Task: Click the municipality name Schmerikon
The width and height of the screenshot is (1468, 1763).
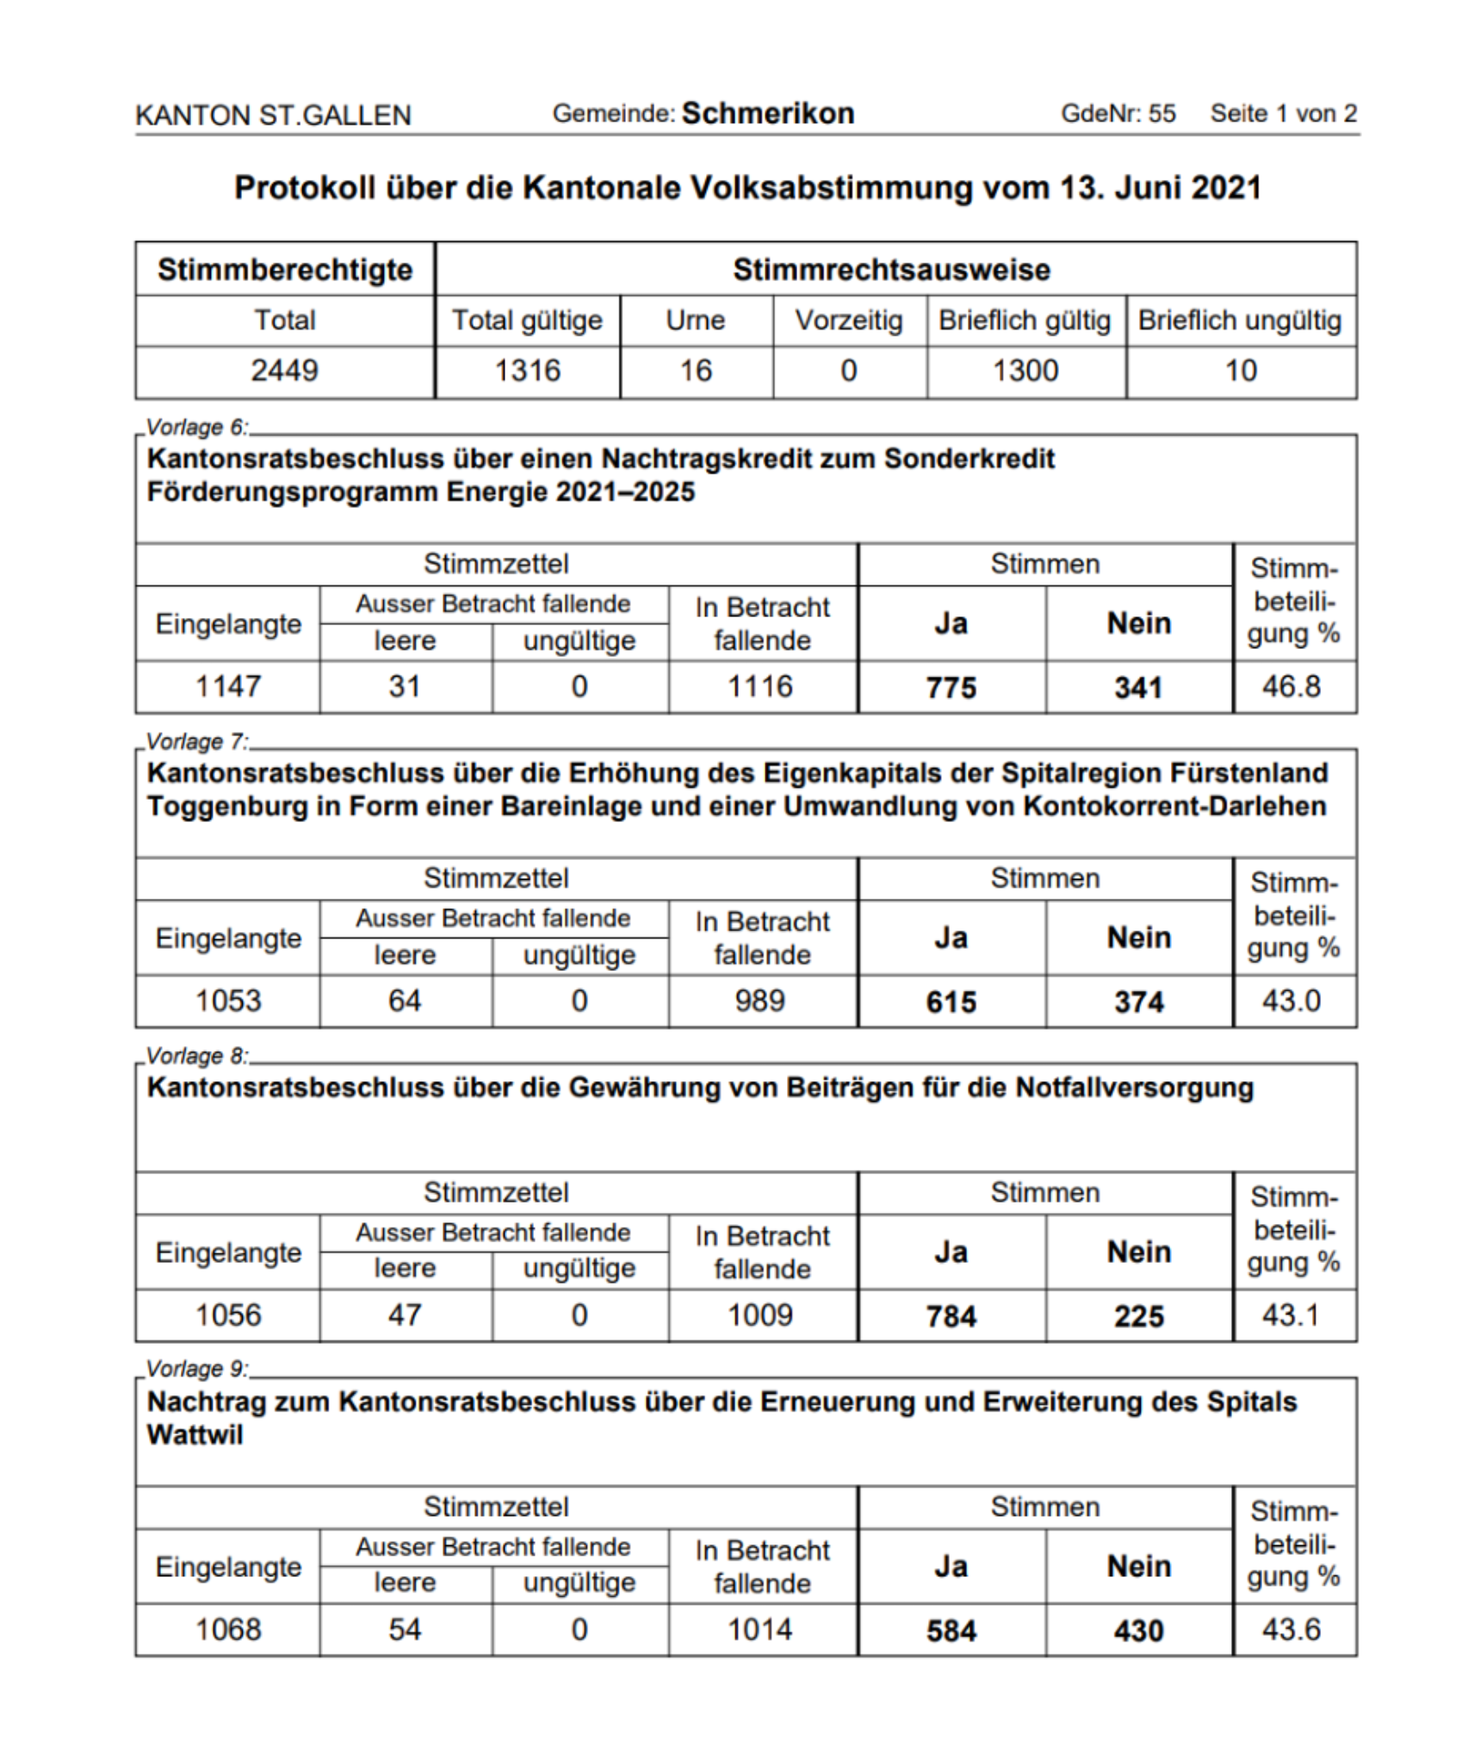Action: [767, 114]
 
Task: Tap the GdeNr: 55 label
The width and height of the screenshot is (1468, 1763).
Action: [1118, 114]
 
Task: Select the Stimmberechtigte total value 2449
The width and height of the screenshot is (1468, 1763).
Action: [284, 370]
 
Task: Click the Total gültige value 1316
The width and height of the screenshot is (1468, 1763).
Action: [527, 370]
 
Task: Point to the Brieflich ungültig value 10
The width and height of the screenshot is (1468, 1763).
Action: [1241, 370]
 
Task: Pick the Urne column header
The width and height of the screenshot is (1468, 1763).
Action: [696, 320]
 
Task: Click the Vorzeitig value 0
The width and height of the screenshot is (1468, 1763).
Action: [849, 370]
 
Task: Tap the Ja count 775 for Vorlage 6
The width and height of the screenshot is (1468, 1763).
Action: [951, 687]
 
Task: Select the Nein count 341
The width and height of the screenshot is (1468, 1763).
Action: [1138, 687]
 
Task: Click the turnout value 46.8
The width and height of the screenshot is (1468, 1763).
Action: [1291, 686]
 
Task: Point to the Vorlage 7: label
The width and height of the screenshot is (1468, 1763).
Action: [197, 741]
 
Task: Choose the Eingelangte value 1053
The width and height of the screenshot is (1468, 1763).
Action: [228, 1000]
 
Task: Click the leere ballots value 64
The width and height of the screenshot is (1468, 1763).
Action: [405, 1000]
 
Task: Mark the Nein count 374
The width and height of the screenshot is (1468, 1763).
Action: [1138, 1001]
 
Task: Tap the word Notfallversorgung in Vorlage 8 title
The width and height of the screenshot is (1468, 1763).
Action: [1134, 1087]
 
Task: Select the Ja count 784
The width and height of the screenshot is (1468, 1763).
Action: [951, 1315]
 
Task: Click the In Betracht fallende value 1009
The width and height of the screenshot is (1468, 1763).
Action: [760, 1315]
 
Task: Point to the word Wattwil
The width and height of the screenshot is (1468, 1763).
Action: [195, 1435]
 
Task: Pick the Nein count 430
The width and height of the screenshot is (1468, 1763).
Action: [1138, 1630]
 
